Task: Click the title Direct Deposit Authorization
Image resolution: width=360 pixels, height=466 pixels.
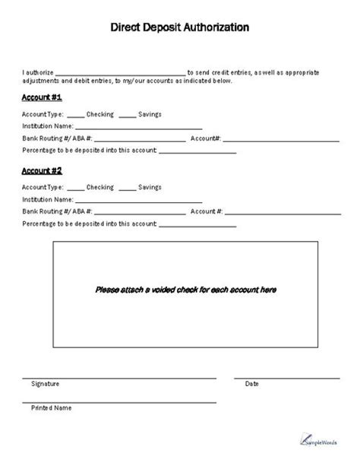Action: (180, 27)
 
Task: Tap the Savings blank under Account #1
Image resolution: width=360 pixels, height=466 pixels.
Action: (128, 116)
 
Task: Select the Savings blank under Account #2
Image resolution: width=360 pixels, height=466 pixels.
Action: (128, 189)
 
